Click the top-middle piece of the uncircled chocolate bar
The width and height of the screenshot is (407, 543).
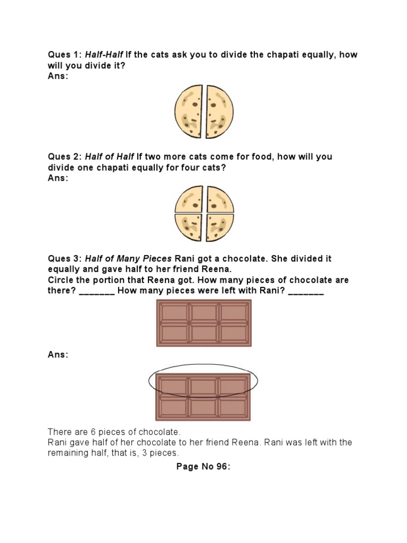(x=203, y=313)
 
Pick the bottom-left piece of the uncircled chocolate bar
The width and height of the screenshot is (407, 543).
(x=174, y=333)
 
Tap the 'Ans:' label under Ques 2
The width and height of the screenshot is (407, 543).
(x=58, y=178)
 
